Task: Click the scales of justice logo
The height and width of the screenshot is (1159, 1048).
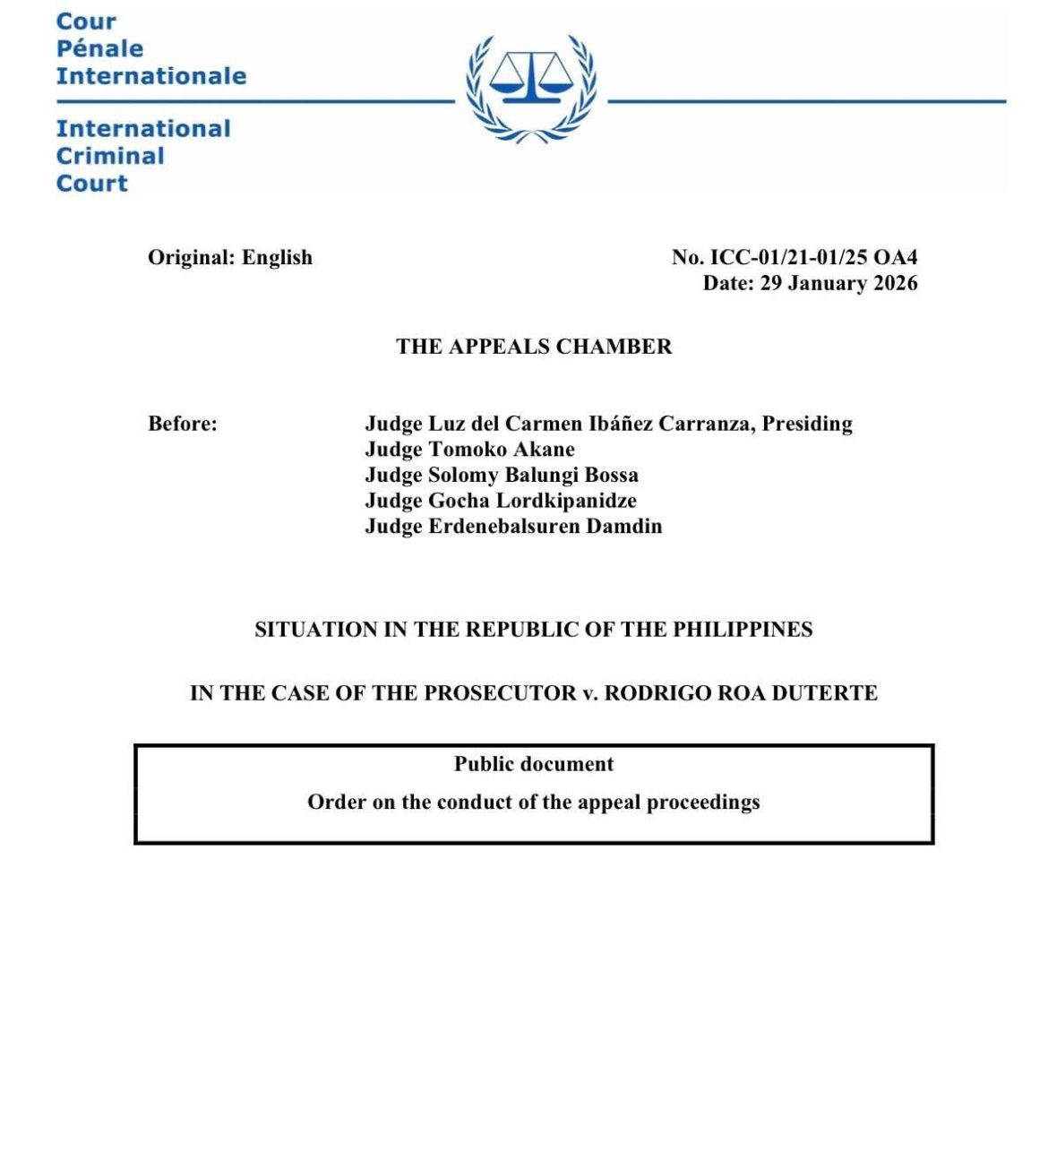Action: tap(531, 88)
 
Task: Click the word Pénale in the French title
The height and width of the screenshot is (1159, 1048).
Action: tap(99, 48)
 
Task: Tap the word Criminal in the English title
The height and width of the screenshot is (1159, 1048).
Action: tap(110, 156)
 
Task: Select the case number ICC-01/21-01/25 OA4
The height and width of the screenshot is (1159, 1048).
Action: tap(813, 257)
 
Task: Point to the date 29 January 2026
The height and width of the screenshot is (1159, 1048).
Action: tap(838, 283)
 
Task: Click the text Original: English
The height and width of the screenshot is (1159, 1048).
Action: tap(230, 257)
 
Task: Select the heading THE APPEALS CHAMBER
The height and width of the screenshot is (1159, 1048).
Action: tap(534, 347)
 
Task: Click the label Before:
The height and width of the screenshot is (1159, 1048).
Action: tap(183, 423)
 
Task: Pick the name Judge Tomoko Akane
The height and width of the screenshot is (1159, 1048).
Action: tap(469, 449)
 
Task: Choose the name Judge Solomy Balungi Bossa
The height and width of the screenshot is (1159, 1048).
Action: tap(502, 475)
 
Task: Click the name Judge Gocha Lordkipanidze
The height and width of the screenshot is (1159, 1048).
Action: tap(501, 500)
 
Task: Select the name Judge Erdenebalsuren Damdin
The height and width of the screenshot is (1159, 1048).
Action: tap(513, 526)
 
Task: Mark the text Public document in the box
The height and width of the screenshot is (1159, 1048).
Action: tap(534, 764)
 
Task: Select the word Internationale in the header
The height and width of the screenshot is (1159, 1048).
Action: tap(151, 76)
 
